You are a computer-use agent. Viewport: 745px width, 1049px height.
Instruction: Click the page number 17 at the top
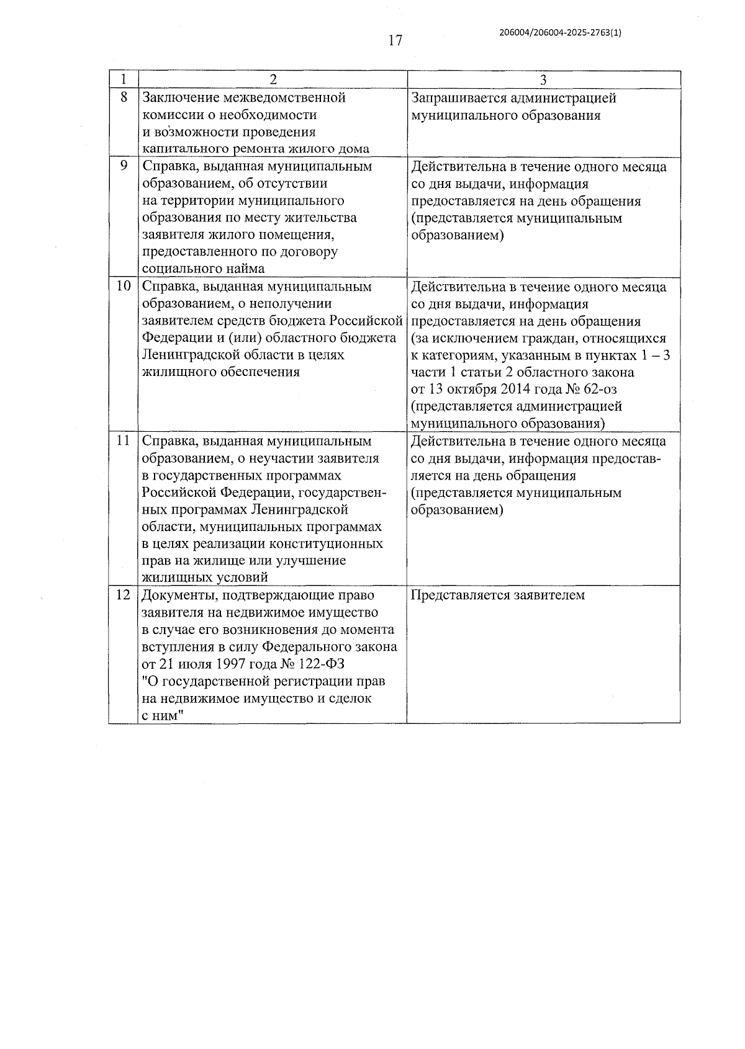pos(395,41)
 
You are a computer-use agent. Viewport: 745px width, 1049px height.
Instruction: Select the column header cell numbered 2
pos(272,80)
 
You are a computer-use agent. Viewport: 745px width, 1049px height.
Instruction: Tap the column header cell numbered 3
pos(543,80)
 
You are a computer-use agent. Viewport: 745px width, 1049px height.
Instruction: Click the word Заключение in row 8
pos(179,98)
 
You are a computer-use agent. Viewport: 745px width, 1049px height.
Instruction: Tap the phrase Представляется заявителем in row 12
pos(498,596)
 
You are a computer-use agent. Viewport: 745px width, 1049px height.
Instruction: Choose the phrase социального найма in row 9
pos(203,269)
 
